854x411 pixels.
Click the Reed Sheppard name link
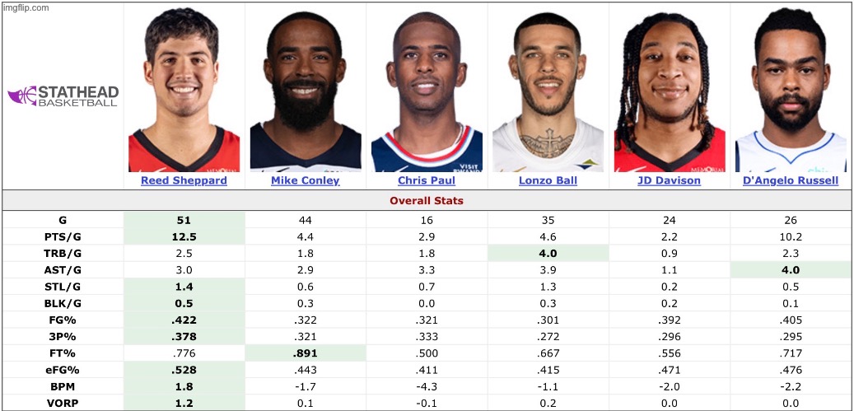184,180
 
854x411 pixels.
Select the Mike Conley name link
305,180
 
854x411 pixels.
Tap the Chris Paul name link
426,180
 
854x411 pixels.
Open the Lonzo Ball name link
548,180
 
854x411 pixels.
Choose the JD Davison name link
669,180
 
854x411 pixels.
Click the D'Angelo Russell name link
791,180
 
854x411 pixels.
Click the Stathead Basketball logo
63,96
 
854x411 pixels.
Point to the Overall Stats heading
427,200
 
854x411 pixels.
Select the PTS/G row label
63,236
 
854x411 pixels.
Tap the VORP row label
63,403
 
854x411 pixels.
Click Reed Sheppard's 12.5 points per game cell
184,236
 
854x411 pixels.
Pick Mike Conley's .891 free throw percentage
305,353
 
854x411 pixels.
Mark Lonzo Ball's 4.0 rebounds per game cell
548,253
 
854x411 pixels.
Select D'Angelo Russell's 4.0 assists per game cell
791,269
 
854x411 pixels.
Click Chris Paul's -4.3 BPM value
426,386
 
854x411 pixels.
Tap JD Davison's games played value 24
669,220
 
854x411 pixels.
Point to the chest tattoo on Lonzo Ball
546,143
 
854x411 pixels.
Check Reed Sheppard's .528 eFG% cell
184,370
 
